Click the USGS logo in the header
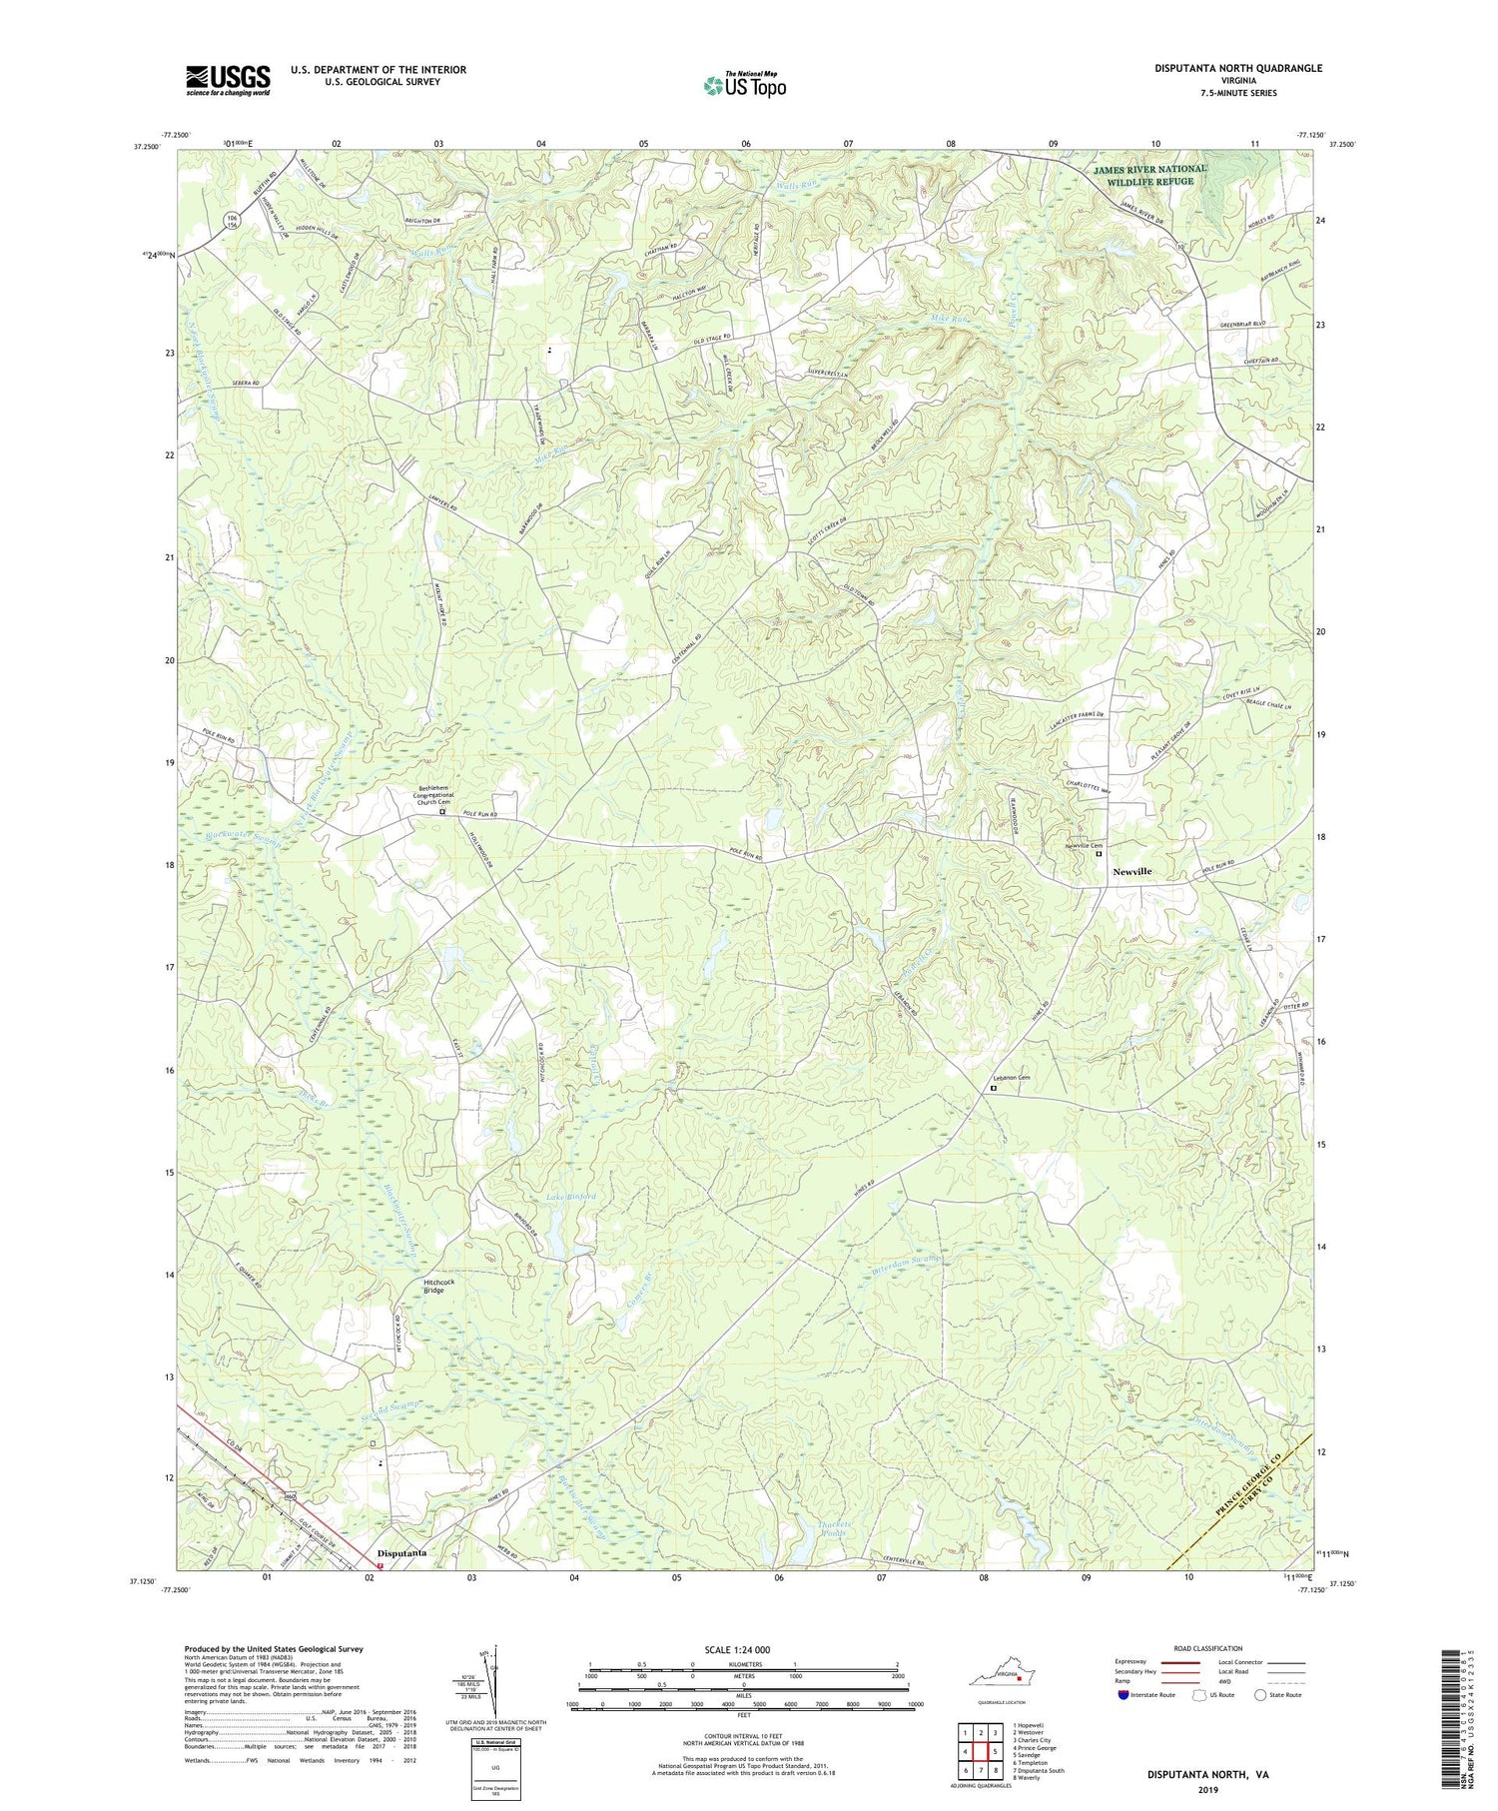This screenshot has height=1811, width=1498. pos(227,80)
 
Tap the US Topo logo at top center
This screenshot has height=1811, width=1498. pos(744,85)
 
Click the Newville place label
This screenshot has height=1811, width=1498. pos(1131,871)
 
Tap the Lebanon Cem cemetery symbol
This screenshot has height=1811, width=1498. pos(994,1089)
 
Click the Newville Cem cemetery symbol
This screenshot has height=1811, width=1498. pos(1100,854)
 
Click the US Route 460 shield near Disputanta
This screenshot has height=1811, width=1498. pos(290,1495)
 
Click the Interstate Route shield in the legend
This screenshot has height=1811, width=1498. pos(1124,1695)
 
